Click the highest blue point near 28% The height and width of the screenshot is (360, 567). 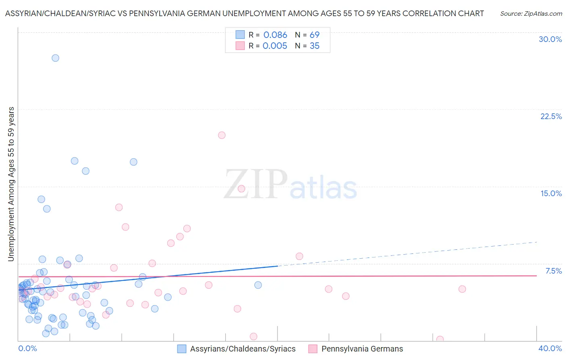tap(55, 58)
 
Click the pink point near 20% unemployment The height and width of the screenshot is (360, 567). tap(222, 135)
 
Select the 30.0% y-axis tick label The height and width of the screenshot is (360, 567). tap(550, 39)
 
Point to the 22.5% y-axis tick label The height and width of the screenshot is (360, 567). tap(551, 116)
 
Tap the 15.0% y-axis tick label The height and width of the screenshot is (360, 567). tap(551, 193)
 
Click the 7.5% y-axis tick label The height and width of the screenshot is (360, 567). tap(553, 271)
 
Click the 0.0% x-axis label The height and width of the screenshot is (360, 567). tap(27, 348)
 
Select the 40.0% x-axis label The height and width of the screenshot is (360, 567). tap(550, 348)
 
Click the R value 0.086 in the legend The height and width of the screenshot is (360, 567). tap(275, 35)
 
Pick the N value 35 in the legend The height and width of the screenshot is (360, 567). tap(315, 46)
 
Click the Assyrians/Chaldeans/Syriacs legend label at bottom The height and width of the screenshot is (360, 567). tap(243, 349)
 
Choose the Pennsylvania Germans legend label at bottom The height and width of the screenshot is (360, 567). tap(362, 349)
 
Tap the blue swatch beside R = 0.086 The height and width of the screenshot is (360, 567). tap(240, 35)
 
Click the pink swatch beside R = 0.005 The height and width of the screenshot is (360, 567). tap(240, 46)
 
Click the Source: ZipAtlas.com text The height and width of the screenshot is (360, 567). tap(531, 14)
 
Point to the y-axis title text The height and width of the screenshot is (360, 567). tap(11, 184)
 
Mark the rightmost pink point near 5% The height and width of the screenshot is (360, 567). tap(462, 289)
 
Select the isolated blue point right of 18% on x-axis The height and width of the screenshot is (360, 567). tap(258, 285)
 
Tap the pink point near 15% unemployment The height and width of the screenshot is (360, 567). tap(242, 188)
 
